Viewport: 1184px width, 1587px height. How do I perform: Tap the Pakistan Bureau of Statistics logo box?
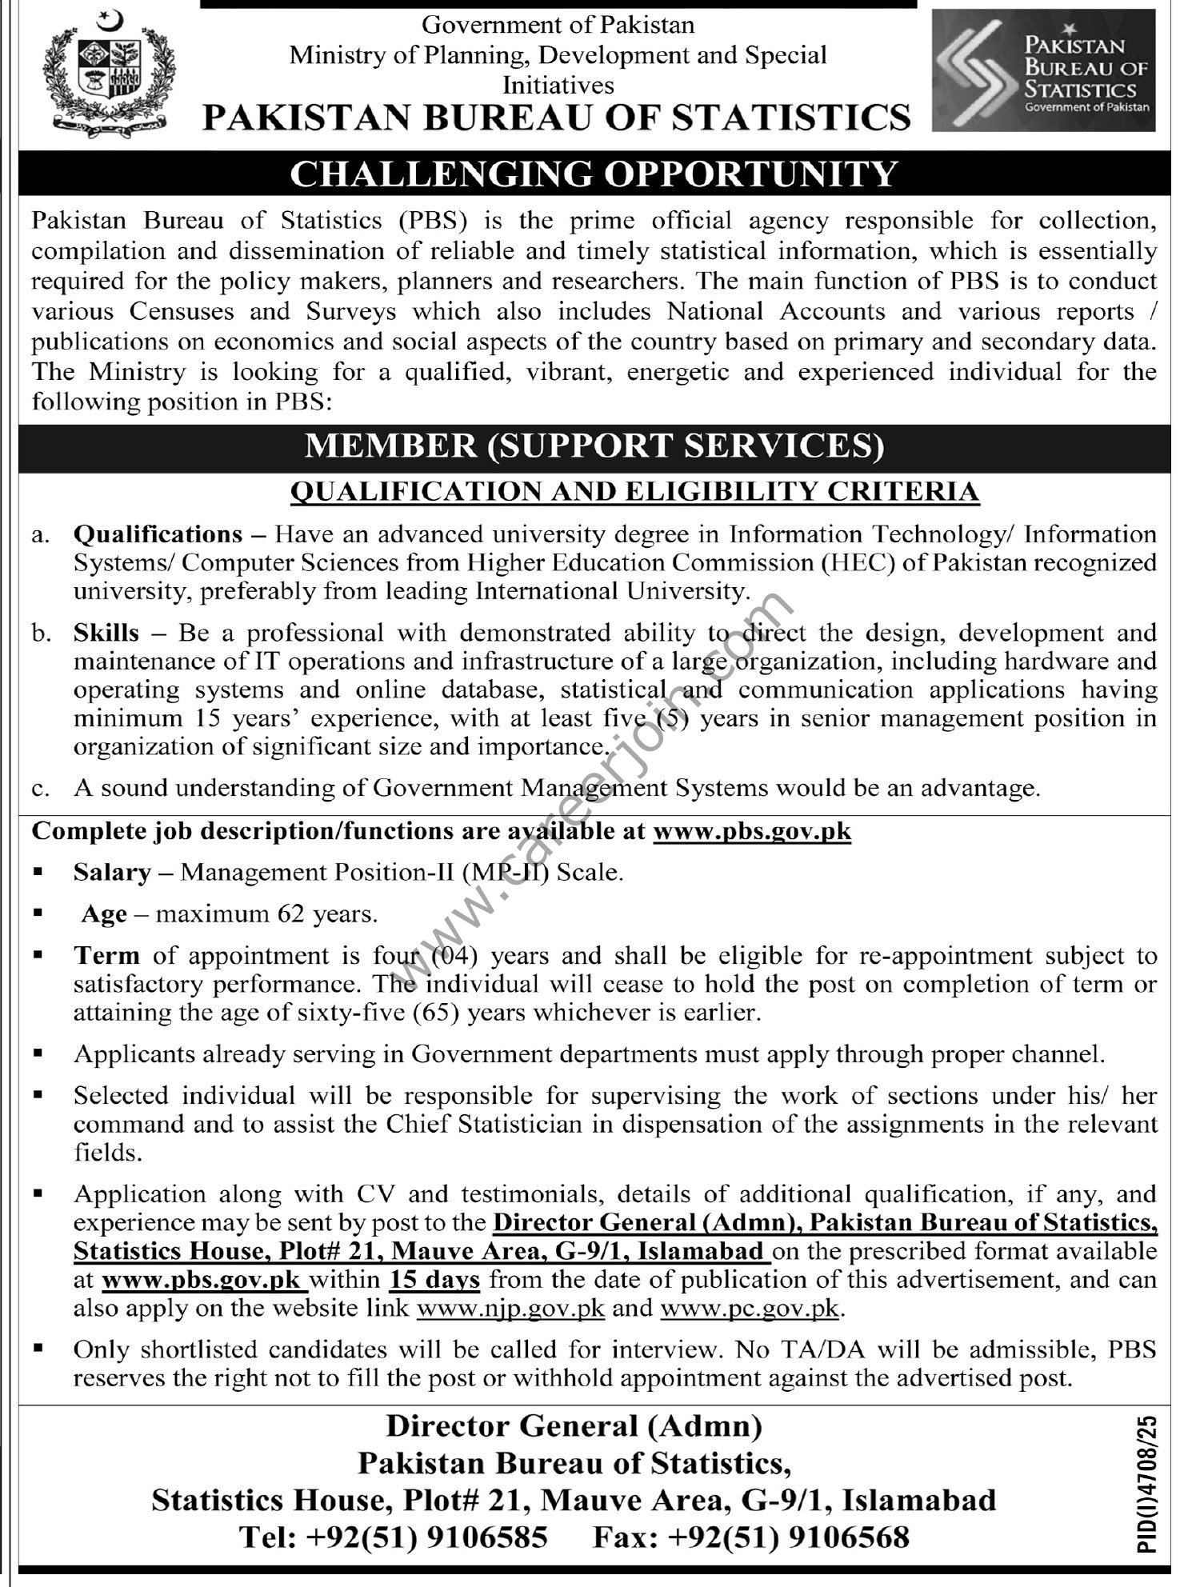click(1043, 71)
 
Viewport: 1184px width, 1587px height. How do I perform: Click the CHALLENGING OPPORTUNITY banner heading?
click(593, 174)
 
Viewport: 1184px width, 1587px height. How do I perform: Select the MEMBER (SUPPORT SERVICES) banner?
click(593, 446)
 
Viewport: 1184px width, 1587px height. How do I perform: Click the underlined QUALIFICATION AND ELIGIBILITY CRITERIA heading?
click(634, 491)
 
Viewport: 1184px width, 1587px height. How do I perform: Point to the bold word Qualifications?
click(158, 534)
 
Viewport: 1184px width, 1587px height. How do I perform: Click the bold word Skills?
click(106, 633)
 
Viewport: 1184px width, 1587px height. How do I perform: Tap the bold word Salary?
click(112, 872)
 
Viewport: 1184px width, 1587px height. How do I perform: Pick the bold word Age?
click(104, 913)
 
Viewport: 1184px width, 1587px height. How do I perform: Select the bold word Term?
click(106, 955)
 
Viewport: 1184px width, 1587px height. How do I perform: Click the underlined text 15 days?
click(434, 1280)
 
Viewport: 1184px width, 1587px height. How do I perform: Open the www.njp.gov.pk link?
click(510, 1309)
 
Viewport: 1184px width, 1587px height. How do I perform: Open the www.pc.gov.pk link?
click(750, 1309)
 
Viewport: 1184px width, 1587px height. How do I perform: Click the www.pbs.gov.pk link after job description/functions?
click(751, 831)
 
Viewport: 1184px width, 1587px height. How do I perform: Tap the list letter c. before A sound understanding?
click(40, 789)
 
